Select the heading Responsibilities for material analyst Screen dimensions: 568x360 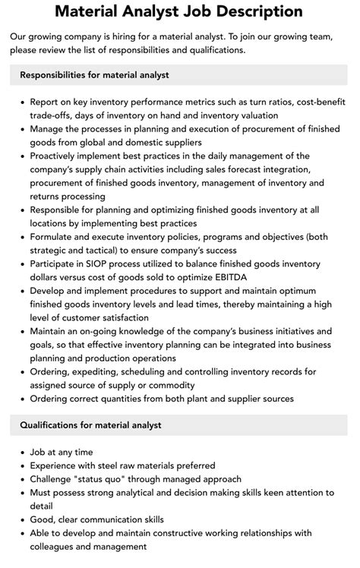(x=94, y=75)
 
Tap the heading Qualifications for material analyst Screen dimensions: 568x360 (x=90, y=425)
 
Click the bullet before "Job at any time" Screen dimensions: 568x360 (x=20, y=453)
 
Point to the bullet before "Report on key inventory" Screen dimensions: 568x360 (x=20, y=103)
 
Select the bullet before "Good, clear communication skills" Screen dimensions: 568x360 (x=20, y=520)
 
